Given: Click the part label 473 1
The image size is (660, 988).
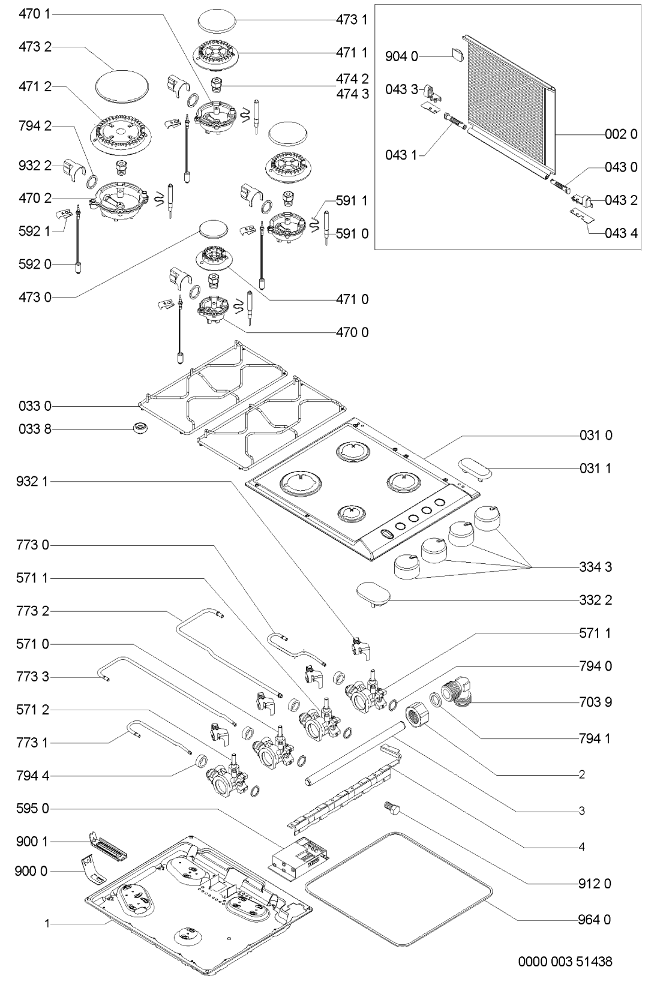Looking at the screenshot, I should tap(352, 20).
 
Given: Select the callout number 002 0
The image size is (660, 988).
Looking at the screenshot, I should tap(621, 134).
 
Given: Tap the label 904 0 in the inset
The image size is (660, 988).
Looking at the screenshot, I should tap(401, 57).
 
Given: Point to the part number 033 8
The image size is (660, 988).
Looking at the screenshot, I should tap(35, 430).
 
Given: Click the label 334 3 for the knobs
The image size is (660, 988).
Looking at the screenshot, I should tap(596, 567).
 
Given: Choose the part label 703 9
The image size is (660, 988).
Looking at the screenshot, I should tap(596, 702).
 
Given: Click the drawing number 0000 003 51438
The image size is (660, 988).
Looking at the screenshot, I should tap(565, 962).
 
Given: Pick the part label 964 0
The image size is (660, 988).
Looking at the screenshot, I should tap(596, 920).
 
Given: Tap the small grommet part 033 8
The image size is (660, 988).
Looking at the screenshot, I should tap(141, 428).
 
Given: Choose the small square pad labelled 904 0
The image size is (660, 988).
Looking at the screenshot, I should tap(457, 55).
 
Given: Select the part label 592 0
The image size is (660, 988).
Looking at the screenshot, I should tap(35, 264).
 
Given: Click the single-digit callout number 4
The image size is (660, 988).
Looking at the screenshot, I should tap(581, 847).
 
